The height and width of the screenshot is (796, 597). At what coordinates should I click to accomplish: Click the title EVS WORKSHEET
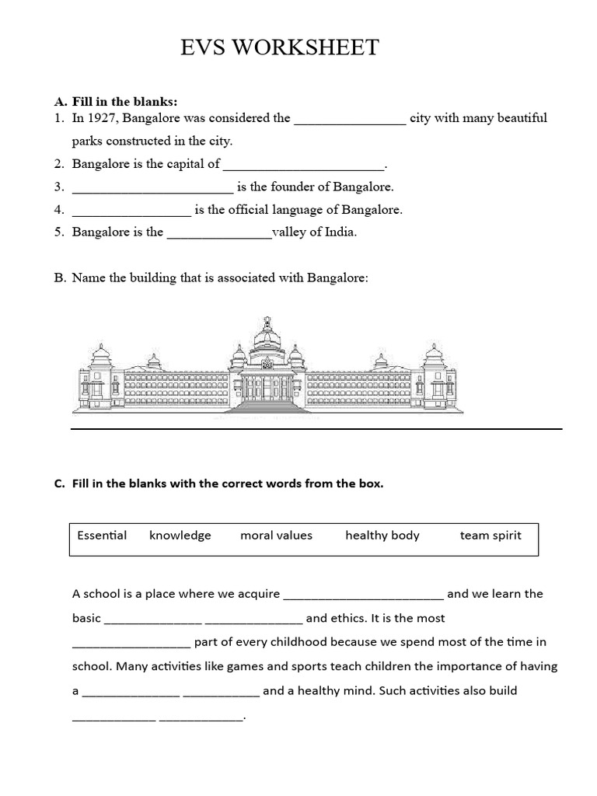click(x=280, y=48)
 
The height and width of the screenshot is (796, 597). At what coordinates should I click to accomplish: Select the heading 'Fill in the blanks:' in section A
click(x=124, y=102)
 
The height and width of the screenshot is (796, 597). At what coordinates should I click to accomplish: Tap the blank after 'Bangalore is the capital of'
click(x=303, y=165)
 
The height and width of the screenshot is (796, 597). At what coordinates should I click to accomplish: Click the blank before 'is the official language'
click(x=131, y=210)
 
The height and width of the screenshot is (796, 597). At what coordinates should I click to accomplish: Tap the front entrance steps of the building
click(x=268, y=406)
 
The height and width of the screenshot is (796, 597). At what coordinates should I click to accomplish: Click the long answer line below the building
click(x=316, y=428)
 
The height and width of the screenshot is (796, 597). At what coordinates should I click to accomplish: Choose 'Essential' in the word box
click(x=102, y=535)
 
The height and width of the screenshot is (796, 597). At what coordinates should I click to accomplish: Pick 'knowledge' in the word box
click(x=180, y=535)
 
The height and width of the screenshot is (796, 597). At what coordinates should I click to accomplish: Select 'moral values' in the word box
click(x=276, y=535)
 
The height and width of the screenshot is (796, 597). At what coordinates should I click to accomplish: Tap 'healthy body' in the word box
click(x=382, y=535)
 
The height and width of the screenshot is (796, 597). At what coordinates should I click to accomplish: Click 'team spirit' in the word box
click(x=490, y=535)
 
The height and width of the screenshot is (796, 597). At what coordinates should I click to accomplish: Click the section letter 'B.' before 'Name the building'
click(x=60, y=278)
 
